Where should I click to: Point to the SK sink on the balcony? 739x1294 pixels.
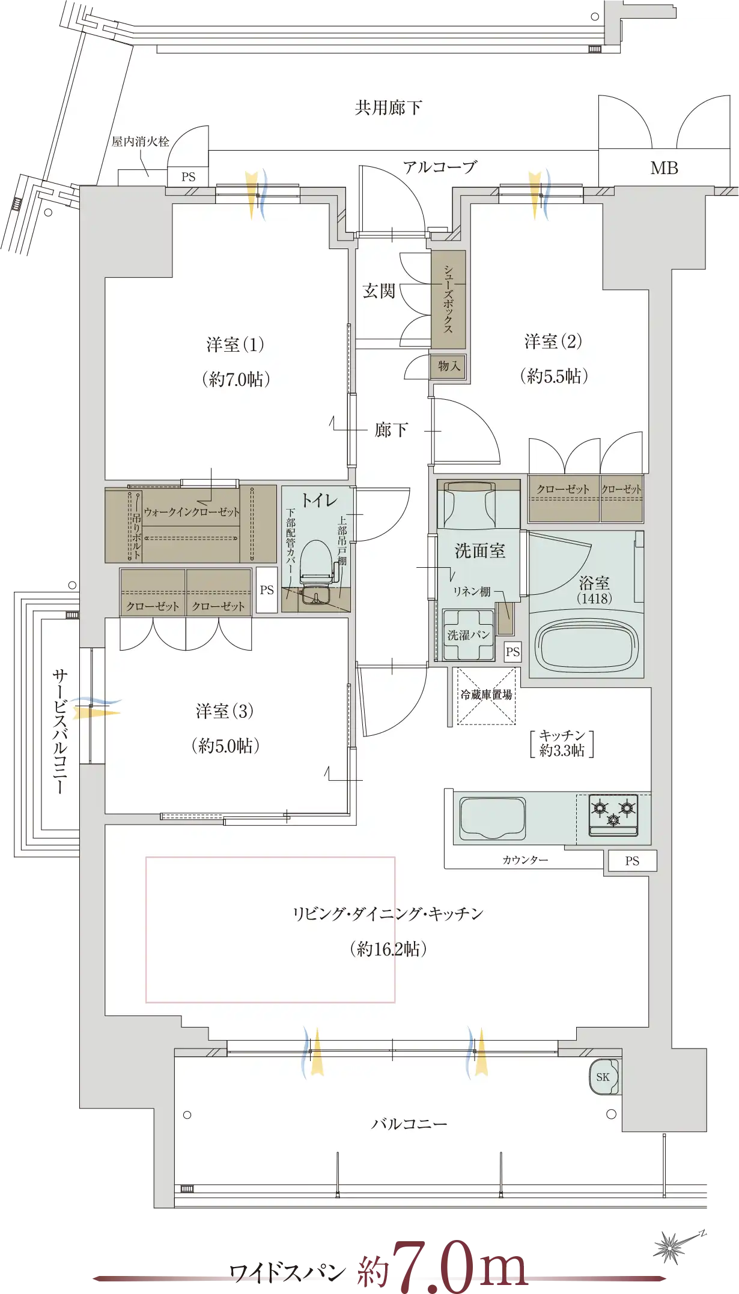604,1077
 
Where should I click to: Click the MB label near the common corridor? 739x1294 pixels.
664,168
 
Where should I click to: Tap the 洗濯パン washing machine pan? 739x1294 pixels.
469,635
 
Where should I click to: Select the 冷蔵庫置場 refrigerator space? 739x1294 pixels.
486,696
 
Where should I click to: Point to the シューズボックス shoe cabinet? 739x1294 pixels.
448,299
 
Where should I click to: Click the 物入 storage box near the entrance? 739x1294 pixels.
448,366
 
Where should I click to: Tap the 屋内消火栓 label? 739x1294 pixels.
141,142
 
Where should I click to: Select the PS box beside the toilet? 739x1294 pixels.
267,590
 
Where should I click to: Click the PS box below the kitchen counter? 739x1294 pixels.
632,861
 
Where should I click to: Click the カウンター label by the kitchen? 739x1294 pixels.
525,860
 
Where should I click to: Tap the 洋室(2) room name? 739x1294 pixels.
553,342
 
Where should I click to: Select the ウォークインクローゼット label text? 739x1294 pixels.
192,512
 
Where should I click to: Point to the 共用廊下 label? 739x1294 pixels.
389,108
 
